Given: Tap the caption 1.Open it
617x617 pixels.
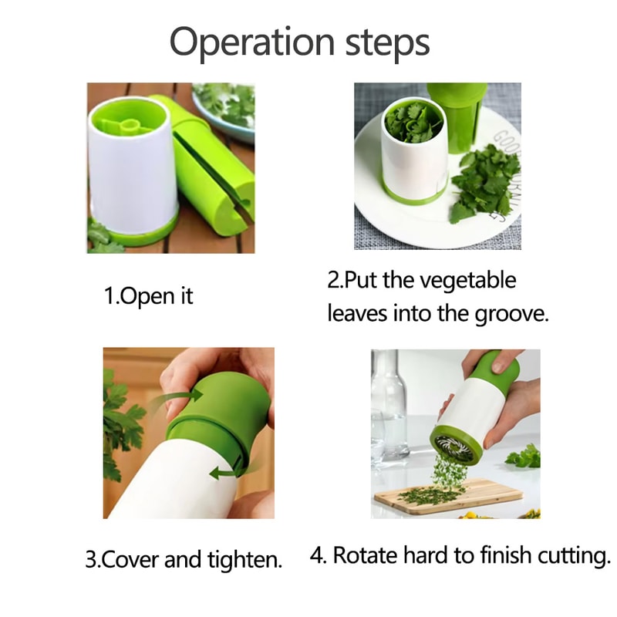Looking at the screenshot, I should [x=148, y=296].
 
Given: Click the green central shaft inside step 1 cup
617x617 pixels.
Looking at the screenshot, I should [x=127, y=123].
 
